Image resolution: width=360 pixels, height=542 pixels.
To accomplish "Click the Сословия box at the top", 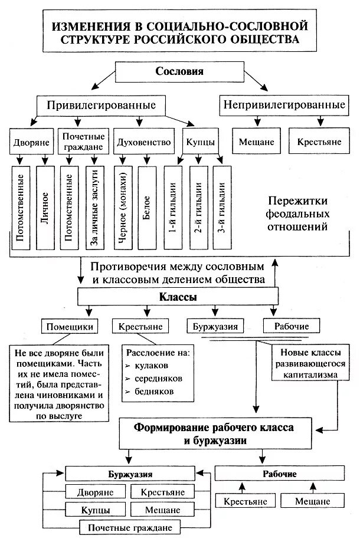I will tap(179, 73).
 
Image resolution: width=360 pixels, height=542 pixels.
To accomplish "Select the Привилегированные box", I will tap(100, 106).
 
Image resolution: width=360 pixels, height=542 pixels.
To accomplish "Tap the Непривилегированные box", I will tap(284, 106).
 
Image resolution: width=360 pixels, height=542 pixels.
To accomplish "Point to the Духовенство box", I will tap(144, 142).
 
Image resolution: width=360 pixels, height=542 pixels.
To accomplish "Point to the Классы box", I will tap(177, 297).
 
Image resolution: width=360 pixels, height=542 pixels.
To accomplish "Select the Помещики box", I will tap(70, 326).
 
